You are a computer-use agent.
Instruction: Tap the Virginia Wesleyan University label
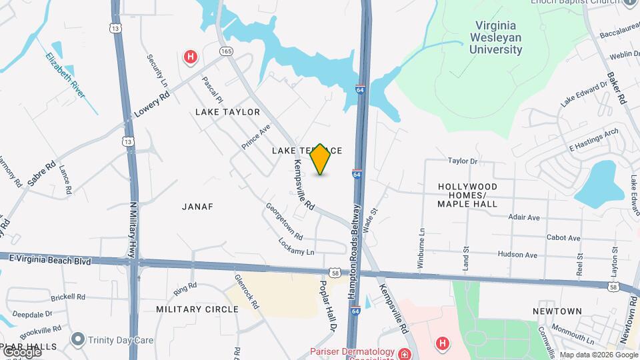pos(496,37)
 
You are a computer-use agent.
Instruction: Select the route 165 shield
pos(226,51)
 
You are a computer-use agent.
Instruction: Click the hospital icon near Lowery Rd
pos(191,57)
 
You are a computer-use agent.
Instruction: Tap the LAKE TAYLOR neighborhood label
pos(227,112)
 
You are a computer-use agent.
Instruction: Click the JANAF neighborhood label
pos(197,207)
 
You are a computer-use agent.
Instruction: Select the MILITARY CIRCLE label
pos(197,309)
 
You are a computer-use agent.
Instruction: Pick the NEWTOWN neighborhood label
pos(557,311)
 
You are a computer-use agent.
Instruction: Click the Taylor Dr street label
pos(463,161)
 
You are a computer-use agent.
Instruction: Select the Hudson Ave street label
pos(517,255)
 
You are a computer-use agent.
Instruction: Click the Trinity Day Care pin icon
pos(78,339)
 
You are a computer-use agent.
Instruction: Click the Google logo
pos(21,351)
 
